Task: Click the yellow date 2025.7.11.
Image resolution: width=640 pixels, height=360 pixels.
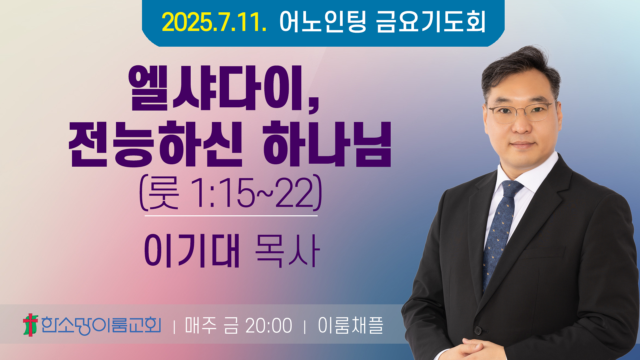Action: pyautogui.click(x=214, y=22)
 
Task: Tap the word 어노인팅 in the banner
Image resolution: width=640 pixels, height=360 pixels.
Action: pyautogui.click(x=323, y=22)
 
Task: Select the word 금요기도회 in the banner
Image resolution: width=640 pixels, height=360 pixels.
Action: pyautogui.click(x=431, y=22)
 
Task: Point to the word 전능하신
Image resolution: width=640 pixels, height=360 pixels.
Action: pyautogui.click(x=155, y=144)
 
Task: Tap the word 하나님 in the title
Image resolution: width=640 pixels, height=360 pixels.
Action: pyautogui.click(x=327, y=144)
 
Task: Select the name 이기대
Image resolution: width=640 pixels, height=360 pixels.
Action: pyautogui.click(x=192, y=251)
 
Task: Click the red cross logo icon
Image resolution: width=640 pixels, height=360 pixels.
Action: pyautogui.click(x=30, y=325)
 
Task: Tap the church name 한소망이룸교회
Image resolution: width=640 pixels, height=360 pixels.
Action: pyautogui.click(x=101, y=325)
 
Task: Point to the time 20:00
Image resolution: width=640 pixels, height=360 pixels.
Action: pyautogui.click(x=269, y=326)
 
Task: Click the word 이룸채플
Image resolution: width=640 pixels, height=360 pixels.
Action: pyautogui.click(x=351, y=325)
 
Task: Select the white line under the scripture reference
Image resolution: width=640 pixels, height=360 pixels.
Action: pyautogui.click(x=231, y=216)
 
